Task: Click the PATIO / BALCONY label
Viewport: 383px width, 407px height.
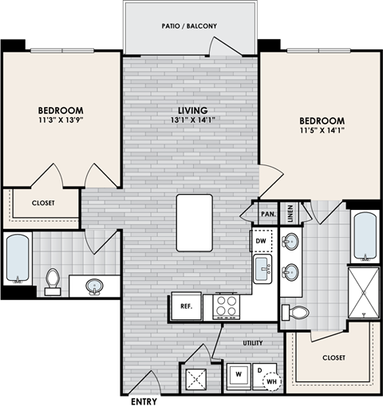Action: coord(190,26)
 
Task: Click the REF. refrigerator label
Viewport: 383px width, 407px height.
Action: coord(184,306)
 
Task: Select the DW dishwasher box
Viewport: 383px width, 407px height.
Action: coord(261,239)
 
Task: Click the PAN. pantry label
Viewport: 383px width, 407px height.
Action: coord(267,214)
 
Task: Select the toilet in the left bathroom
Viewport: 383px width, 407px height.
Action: coord(53,280)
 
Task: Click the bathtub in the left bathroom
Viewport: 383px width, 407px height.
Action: coord(17,259)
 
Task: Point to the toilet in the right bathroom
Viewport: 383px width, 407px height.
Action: coord(298,313)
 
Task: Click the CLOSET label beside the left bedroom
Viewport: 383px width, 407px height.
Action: coord(43,203)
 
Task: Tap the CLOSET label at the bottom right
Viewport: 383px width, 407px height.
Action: coord(333,358)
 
